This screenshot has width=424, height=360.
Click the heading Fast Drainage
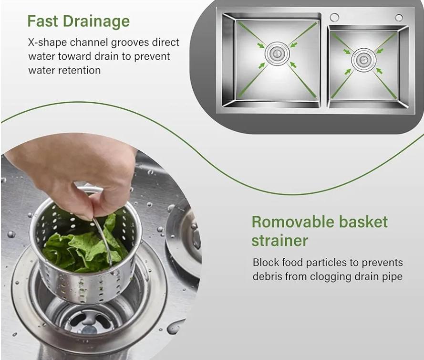click(78, 21)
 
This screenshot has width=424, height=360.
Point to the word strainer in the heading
click(279, 240)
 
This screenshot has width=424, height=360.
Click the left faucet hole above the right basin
click(334, 18)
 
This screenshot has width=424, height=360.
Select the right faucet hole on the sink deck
click(398, 18)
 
